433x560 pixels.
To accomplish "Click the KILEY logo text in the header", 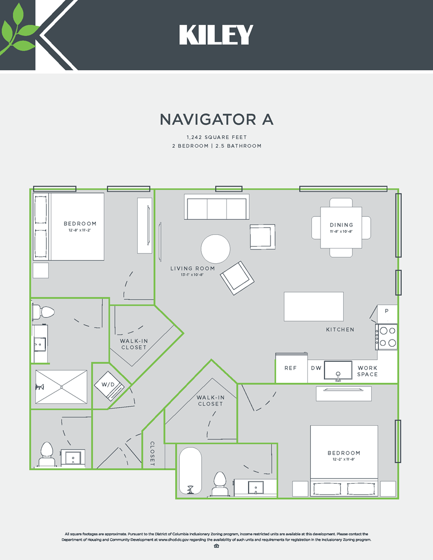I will pos(216,35).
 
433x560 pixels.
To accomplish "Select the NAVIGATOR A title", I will pos(216,119).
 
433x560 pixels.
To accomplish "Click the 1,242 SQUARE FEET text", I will pos(216,137).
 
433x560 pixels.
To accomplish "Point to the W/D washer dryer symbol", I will pos(109,385).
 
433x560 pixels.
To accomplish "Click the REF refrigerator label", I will pos(290,368).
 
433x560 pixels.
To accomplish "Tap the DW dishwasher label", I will pos(315,368).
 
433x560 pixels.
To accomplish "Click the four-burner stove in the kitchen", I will pos(387,337).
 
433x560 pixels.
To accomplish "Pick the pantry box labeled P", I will pos(387,311).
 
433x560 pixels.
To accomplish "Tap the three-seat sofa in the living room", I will pos(216,208).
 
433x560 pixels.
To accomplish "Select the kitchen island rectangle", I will pos(313,306).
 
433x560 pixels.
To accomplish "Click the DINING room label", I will pos(341,225).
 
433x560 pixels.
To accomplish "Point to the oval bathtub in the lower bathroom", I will pos(191,471).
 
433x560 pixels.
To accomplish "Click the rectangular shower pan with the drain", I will pos(61,387).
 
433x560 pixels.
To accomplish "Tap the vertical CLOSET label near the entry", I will pos(152,454).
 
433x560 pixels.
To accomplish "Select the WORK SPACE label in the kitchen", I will pos(367,371).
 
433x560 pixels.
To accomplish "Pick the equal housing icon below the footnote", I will pos(216,546).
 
